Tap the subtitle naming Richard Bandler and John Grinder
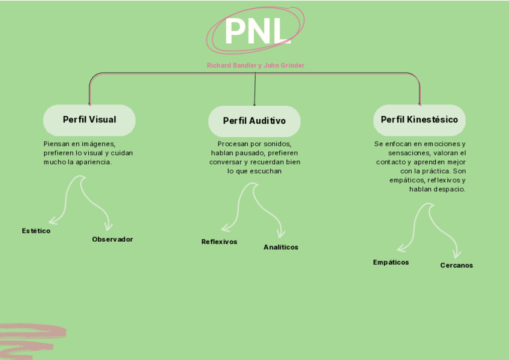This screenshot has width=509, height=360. tap(255, 65)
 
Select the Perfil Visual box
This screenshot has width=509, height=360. tap(89, 120)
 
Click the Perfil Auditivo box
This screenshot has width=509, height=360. tap(254, 121)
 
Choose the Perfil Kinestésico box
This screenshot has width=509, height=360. tap(419, 120)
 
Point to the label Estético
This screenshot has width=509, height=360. tap(36, 231)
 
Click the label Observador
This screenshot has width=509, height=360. tap(112, 239)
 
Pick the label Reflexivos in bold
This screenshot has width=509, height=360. tap(219, 242)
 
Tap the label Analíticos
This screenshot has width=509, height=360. tap(280, 247)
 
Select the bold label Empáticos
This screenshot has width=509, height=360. tap(391, 262)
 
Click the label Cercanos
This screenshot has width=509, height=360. tap(456, 265)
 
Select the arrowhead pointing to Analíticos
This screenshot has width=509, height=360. tap(280, 234)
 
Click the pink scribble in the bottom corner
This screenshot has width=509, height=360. tap(30, 340)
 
